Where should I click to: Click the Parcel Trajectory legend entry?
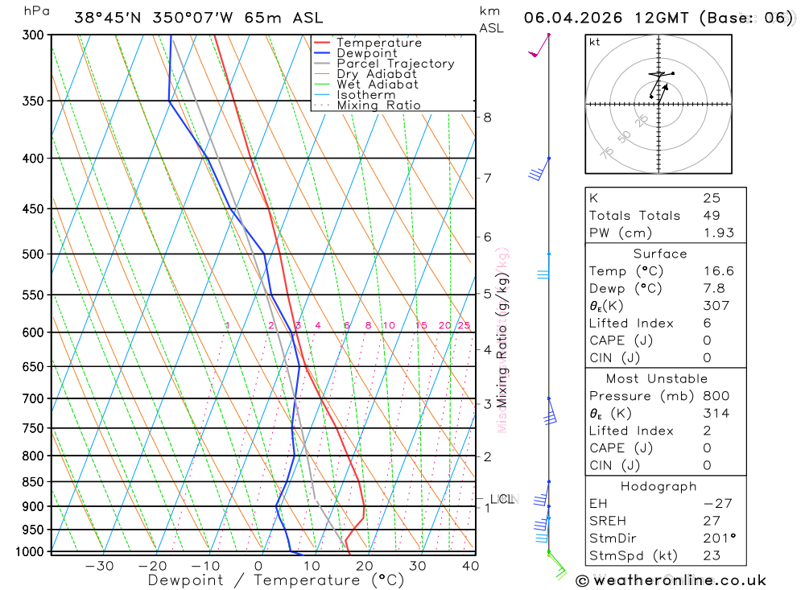click(395, 64)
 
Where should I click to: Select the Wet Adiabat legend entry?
click(377, 85)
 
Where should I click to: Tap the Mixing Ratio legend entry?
click(378, 105)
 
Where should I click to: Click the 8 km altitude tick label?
click(487, 118)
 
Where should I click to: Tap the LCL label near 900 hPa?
click(502, 500)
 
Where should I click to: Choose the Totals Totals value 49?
click(711, 216)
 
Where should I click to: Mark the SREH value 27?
click(711, 521)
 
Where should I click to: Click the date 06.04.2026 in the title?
click(573, 19)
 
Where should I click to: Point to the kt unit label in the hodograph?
click(595, 42)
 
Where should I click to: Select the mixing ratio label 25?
click(464, 326)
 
